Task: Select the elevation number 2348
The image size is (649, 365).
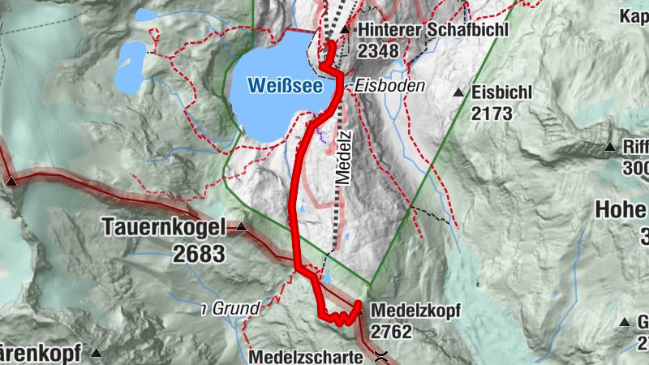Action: (378, 52)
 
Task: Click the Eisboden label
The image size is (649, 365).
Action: (389, 85)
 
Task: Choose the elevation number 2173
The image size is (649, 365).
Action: (492, 114)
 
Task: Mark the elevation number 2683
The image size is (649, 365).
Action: (199, 254)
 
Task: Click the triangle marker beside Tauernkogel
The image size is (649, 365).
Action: (241, 229)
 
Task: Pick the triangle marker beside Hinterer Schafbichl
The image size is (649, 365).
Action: (345, 30)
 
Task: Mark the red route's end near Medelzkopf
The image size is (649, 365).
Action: (358, 303)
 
